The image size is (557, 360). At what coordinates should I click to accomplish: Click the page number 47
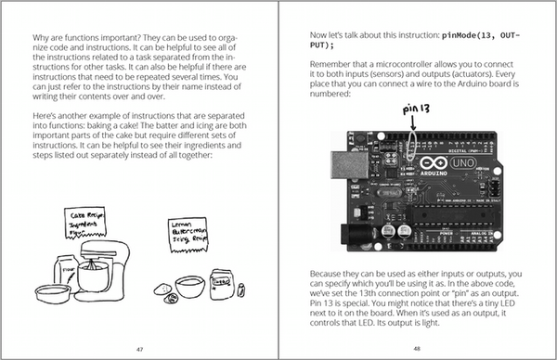tap(139, 348)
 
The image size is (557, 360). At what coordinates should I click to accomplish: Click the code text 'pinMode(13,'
tap(452, 34)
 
